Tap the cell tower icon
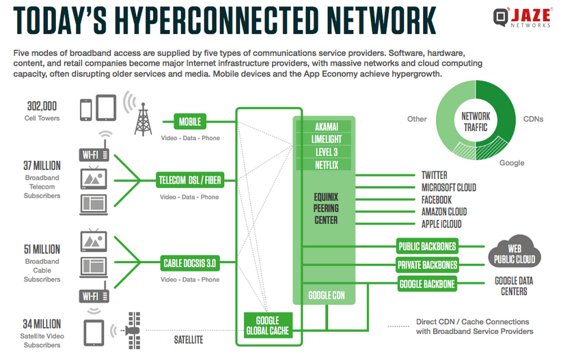pyautogui.click(x=143, y=121)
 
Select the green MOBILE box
pyautogui.click(x=190, y=122)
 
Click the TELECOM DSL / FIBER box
pyautogui.click(x=190, y=180)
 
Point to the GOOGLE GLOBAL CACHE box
pyautogui.click(x=267, y=325)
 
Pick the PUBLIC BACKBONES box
pyautogui.click(x=427, y=246)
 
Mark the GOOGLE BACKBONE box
pyautogui.click(x=427, y=283)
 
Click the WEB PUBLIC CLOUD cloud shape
pyautogui.click(x=515, y=253)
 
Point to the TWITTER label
pyautogui.click(x=435, y=176)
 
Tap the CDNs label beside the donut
pyautogui.click(x=533, y=119)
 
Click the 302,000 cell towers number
pyautogui.click(x=42, y=106)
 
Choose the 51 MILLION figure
pyautogui.click(x=42, y=249)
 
